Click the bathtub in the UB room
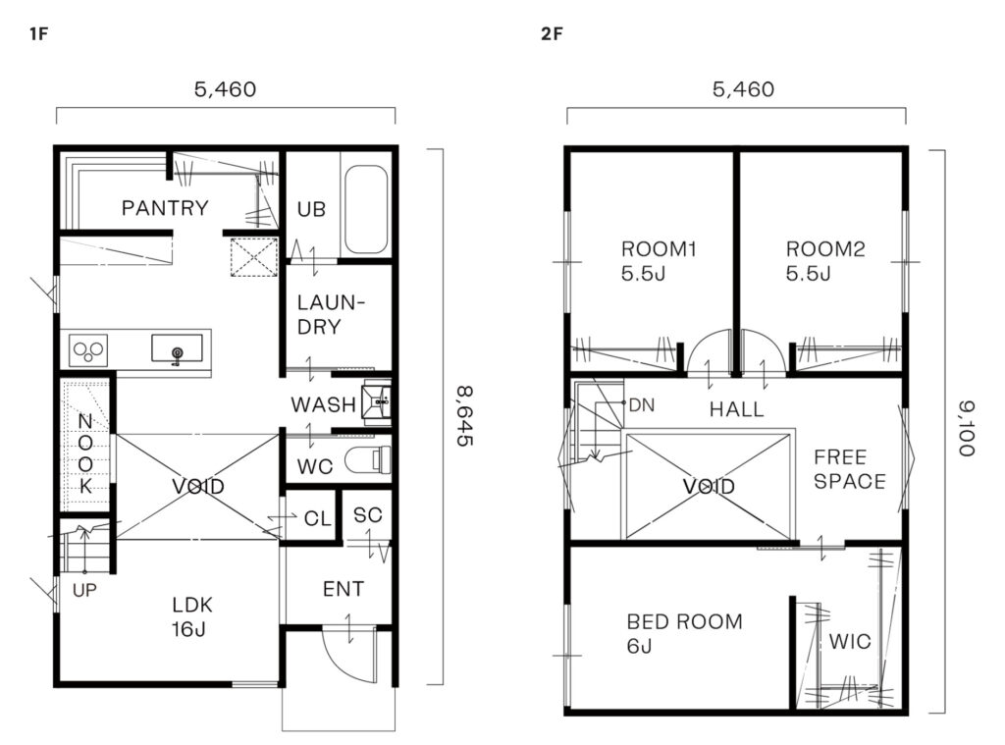(366, 210)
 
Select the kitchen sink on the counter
(177, 348)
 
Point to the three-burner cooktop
(88, 350)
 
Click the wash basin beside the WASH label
(376, 402)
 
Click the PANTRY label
(165, 208)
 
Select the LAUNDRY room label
(331, 314)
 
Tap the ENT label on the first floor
(344, 589)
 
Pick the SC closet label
(367, 515)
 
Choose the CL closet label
(317, 518)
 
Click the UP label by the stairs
(84, 590)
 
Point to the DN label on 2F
(642, 405)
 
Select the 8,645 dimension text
(464, 416)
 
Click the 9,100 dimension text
(967, 428)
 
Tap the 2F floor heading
(552, 34)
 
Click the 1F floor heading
(38, 34)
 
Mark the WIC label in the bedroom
(850, 641)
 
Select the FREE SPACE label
(850, 469)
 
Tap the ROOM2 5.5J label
(825, 261)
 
